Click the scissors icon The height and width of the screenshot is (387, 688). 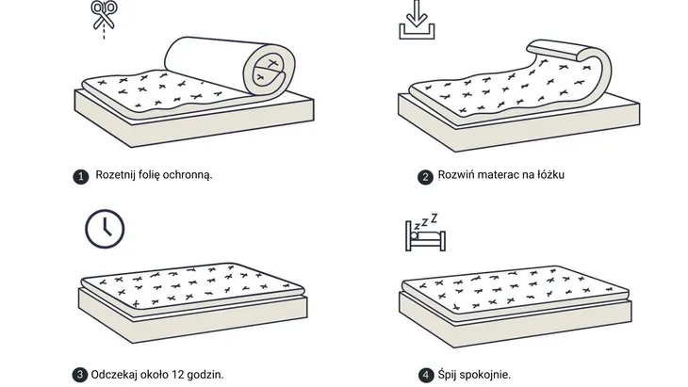click(104, 18)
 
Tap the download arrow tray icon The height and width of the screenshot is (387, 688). click(417, 20)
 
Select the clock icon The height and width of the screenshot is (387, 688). click(105, 229)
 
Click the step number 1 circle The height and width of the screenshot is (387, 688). click(81, 177)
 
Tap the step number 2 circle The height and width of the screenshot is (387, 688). click(425, 177)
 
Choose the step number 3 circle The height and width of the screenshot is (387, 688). click(80, 375)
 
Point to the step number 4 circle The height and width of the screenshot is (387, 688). click(426, 375)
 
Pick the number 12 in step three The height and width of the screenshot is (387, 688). click(178, 375)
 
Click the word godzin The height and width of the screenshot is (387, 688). click(205, 375)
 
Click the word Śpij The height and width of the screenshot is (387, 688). click(447, 375)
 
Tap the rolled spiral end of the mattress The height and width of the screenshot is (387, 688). click(269, 70)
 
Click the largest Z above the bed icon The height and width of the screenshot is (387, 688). click(434, 218)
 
